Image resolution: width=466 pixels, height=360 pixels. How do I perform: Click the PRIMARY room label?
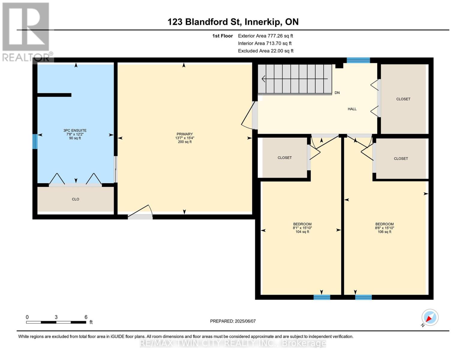pyautogui.click(x=184, y=134)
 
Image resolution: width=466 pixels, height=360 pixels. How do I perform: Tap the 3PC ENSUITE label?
pyautogui.click(x=75, y=130)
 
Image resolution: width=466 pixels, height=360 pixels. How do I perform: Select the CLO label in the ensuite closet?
pyautogui.click(x=76, y=199)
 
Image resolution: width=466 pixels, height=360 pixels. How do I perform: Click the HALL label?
pyautogui.click(x=352, y=109)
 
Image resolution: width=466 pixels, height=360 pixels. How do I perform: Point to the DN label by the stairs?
pyautogui.click(x=337, y=93)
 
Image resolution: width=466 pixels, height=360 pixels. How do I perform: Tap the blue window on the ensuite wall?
pyautogui.click(x=35, y=141)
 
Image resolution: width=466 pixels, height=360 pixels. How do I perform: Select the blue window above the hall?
pyautogui.click(x=358, y=60)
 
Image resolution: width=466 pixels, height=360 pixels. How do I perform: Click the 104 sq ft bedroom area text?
pyautogui.click(x=302, y=232)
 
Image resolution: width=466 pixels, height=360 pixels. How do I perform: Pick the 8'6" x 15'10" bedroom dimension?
pyautogui.click(x=384, y=228)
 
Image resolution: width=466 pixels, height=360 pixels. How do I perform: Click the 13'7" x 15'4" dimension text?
pyautogui.click(x=185, y=138)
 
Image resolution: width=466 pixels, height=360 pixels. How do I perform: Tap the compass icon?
pyautogui.click(x=430, y=317)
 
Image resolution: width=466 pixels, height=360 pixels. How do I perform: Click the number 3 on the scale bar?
pyautogui.click(x=56, y=317)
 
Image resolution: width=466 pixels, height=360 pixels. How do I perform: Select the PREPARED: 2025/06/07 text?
pyautogui.click(x=233, y=321)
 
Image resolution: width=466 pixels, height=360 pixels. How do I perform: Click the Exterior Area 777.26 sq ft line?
pyautogui.click(x=265, y=36)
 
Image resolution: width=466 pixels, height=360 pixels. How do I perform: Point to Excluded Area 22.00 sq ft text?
pyautogui.click(x=266, y=51)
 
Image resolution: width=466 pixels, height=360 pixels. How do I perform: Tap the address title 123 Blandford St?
pyautogui.click(x=205, y=22)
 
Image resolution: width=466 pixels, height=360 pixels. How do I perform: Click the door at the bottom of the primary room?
pyautogui.click(x=140, y=212)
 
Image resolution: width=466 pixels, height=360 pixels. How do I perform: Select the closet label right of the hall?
pyautogui.click(x=403, y=99)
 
